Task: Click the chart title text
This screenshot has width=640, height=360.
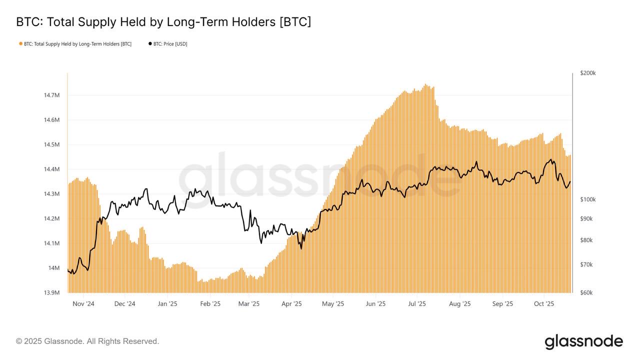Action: [163, 22]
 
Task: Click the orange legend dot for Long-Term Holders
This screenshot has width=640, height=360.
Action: [20, 44]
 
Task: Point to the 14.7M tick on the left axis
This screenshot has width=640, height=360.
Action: [52, 95]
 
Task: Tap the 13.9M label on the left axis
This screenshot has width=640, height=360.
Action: [52, 292]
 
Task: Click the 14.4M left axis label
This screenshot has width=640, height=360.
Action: [52, 169]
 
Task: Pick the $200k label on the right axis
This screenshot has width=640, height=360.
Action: [587, 73]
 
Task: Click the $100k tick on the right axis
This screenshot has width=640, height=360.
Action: [587, 199]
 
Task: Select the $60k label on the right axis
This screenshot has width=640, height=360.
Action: [586, 292]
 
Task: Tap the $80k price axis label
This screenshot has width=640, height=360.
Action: [586, 240]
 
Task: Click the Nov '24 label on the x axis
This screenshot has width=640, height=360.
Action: [83, 303]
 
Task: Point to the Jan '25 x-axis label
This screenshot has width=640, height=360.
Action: [167, 303]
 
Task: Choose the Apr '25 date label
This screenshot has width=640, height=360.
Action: [291, 303]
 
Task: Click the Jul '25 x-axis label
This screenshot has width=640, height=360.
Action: [417, 303]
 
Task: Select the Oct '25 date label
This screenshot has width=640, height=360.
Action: [544, 303]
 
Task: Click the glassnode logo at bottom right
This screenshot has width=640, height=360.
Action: [583, 341]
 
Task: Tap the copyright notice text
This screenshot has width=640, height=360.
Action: [87, 341]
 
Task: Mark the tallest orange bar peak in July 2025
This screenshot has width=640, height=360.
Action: [425, 84]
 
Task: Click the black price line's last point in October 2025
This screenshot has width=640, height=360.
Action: [570, 181]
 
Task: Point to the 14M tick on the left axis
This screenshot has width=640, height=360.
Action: [54, 268]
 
